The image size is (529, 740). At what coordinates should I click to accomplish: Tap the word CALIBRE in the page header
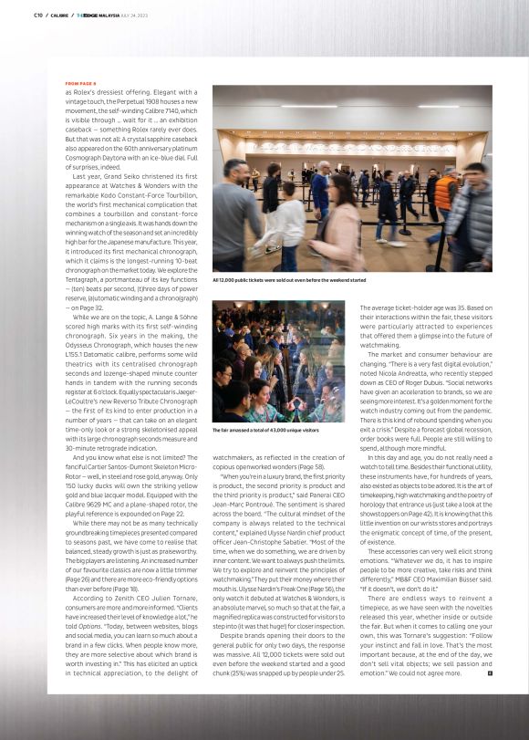pyautogui.click(x=59, y=15)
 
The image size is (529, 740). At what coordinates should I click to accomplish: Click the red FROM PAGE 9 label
pyautogui.click(x=81, y=83)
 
